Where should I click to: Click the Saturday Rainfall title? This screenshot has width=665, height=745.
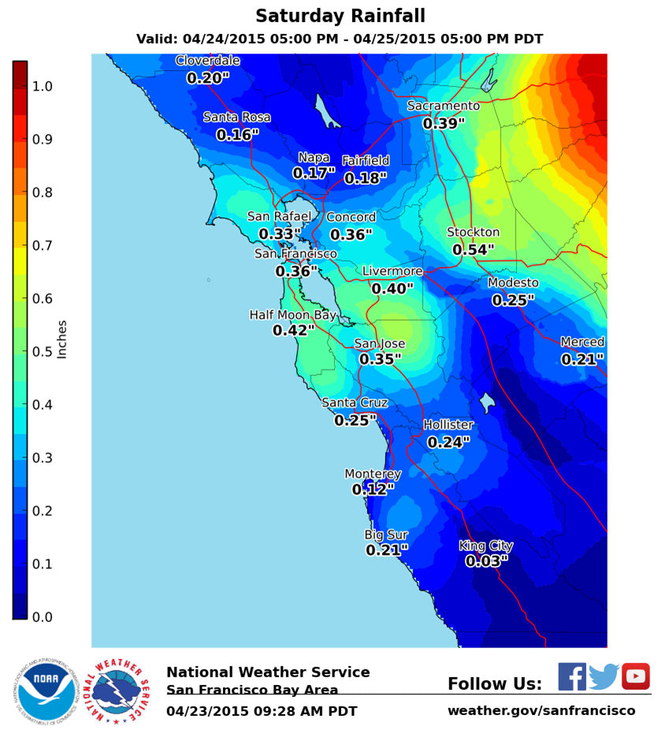coord(340,16)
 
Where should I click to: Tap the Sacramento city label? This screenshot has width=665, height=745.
coord(443,106)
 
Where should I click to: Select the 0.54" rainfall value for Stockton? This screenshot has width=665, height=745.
coord(473,250)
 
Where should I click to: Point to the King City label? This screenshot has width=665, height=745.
coord(486,546)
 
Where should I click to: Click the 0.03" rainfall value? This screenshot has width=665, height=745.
coord(486,561)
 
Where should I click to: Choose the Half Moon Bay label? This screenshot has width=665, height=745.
coord(292,315)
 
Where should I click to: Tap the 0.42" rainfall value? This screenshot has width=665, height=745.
coord(293,331)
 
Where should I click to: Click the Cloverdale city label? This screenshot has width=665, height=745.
coord(207,61)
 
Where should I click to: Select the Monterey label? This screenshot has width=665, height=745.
coord(373,474)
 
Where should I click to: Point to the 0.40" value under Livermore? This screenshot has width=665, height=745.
coord(392,289)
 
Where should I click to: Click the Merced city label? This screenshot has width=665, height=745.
coord(582,342)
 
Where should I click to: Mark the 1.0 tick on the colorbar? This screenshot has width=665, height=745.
coord(42,86)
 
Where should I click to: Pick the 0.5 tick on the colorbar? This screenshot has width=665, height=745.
coord(42,352)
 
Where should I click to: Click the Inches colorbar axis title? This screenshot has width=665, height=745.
coord(62,339)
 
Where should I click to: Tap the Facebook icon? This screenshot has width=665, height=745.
coord(572,676)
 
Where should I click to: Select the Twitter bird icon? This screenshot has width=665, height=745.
coord(604,676)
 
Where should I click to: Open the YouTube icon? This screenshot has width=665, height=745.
coord(635,676)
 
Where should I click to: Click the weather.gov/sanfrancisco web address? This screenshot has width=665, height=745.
coord(541,710)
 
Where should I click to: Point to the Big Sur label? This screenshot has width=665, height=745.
coord(386,535)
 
